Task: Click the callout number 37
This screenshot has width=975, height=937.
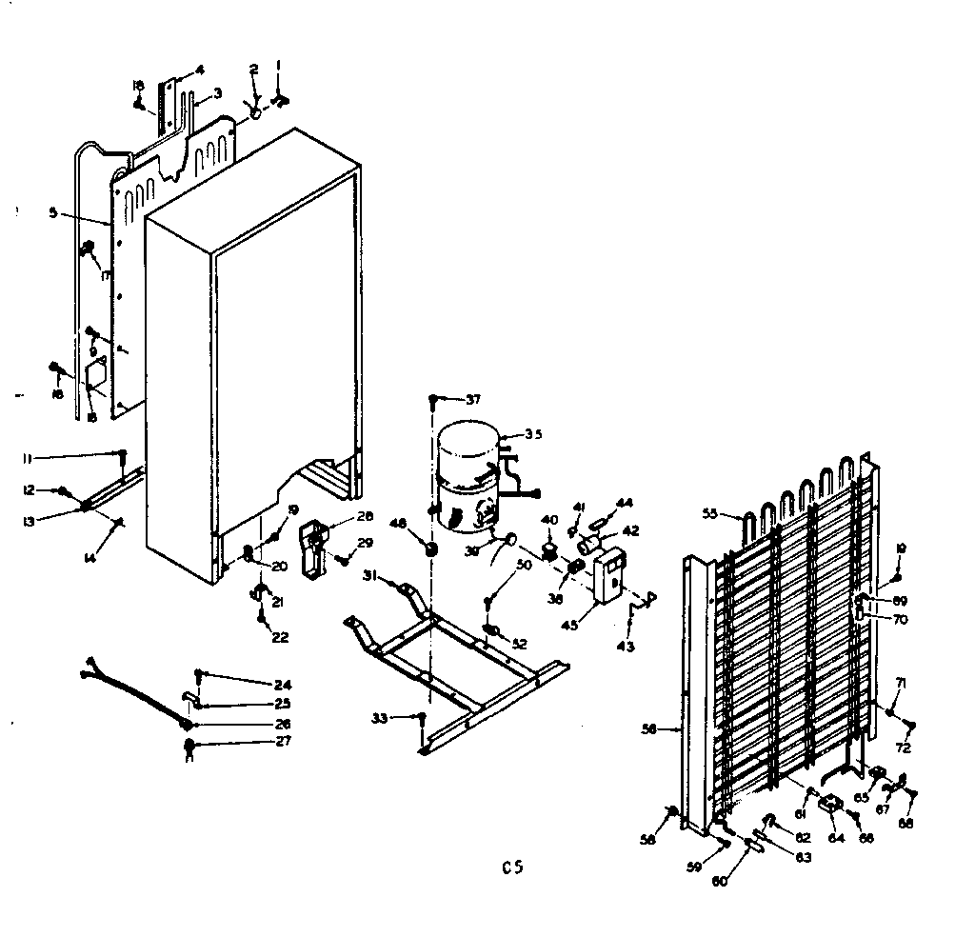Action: click(473, 398)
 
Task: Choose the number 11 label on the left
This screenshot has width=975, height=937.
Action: click(30, 458)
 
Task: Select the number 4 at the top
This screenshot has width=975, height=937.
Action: click(200, 69)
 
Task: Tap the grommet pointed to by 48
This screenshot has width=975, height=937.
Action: click(430, 550)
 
